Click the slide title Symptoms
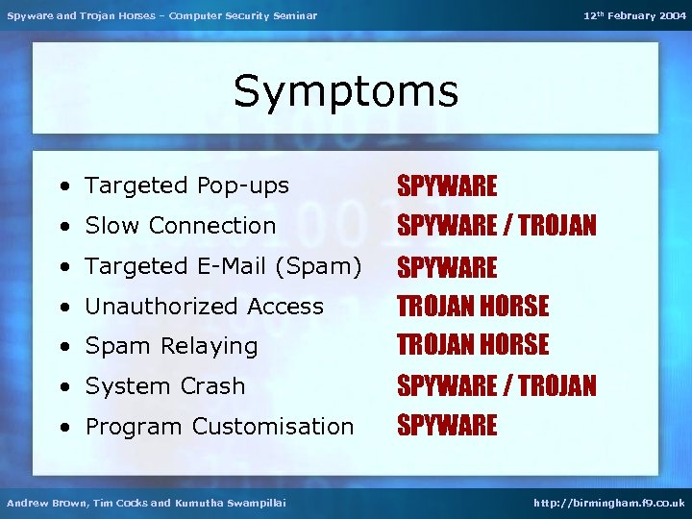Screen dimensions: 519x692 pos(346,92)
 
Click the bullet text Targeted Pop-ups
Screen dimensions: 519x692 pos(186,185)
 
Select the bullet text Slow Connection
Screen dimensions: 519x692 pos(180,226)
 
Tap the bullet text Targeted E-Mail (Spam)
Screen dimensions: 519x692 pos(223,266)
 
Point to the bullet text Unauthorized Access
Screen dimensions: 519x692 pos(204,307)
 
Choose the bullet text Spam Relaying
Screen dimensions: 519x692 pos(171,346)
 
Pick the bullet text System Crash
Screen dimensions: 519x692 pos(164,386)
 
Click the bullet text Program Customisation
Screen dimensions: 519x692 pos(219,427)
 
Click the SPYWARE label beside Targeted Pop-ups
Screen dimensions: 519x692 pos(447,185)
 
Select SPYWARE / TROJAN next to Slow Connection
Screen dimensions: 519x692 pos(497,226)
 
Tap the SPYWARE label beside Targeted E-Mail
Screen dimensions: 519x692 pos(447,267)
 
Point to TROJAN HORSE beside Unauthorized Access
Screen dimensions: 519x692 pos(473,307)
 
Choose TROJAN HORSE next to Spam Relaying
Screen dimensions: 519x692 pos(473,345)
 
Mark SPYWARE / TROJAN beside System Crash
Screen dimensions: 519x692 pos(497,386)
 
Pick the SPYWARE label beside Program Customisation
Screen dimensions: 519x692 pos(447,426)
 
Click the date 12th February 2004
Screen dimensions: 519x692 pos(634,15)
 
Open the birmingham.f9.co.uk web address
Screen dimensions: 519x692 pos(609,503)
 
